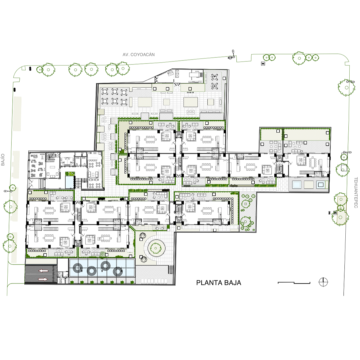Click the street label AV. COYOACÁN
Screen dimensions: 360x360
pyautogui.click(x=138, y=55)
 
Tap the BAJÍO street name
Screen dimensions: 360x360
pyautogui.click(x=3, y=160)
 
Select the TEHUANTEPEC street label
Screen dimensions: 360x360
pyautogui.click(x=356, y=192)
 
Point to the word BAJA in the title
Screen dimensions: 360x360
pyautogui.click(x=233, y=283)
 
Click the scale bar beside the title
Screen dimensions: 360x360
pyautogui.click(x=294, y=283)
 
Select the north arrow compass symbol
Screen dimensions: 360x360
pyautogui.click(x=323, y=282)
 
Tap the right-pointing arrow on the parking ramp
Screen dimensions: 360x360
pyautogui.click(x=43, y=279)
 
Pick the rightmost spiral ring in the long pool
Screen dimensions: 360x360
pyautogui.click(x=118, y=272)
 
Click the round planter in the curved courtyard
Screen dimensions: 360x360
pyautogui.click(x=156, y=247)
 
